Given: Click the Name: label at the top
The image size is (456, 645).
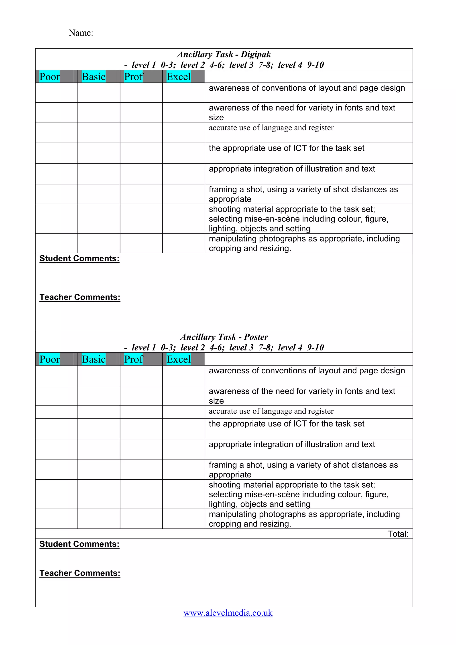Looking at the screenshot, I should point(81,33).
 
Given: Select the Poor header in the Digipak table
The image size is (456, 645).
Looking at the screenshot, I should point(49,77).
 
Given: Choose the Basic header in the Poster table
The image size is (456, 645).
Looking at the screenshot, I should point(94,359).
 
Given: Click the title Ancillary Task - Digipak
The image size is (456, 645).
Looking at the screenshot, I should point(224,54).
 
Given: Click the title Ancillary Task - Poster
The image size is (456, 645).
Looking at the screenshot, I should point(224,337).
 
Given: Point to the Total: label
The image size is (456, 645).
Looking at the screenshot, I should point(398,534).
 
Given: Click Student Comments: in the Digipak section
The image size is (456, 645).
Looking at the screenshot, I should point(79,258).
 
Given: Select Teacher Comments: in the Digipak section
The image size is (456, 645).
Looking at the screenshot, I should point(80,297).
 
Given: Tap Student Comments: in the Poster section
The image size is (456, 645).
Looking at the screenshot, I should point(79,544).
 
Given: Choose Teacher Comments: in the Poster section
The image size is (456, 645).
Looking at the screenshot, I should point(80,573).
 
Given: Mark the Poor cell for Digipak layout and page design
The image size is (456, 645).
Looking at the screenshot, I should point(57,92).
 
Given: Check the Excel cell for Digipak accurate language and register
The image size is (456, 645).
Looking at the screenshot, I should point(183,133).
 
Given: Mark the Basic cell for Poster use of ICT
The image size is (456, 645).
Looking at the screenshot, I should point(99,429).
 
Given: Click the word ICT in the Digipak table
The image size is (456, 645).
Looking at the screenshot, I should point(300,148).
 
